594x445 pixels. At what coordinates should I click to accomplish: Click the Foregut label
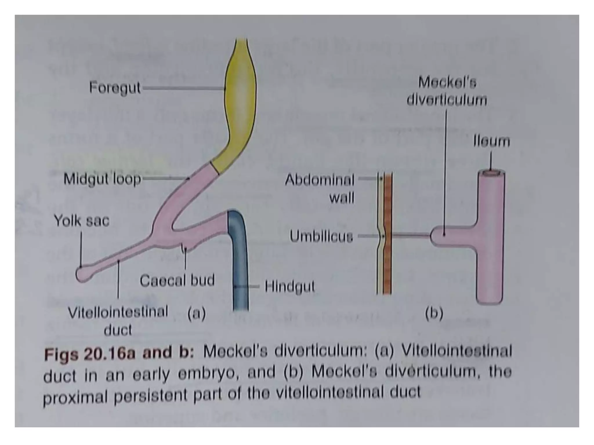(x=115, y=87)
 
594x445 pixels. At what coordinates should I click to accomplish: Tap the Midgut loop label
(x=102, y=179)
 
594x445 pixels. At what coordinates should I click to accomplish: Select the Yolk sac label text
(x=82, y=221)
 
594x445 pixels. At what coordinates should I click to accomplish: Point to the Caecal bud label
(x=177, y=280)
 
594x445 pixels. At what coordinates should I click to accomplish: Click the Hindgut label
(x=290, y=287)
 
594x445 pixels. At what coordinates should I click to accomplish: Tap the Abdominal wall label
(x=320, y=189)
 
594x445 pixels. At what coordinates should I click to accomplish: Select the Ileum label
(x=491, y=142)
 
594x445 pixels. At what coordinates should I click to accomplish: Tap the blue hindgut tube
(x=238, y=261)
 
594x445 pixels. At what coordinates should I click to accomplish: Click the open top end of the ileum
(x=491, y=173)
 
